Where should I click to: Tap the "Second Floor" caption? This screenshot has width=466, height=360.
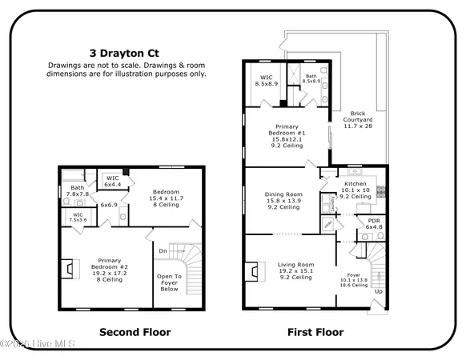point(131,331)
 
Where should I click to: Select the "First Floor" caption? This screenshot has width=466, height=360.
point(315,331)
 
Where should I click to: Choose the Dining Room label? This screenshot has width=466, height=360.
point(283,200)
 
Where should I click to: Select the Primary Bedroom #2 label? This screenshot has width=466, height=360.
point(109,270)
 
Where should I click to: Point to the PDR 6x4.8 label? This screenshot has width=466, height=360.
point(374,223)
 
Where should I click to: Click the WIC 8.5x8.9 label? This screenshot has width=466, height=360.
point(266,79)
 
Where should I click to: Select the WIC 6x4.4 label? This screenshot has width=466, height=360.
point(113,182)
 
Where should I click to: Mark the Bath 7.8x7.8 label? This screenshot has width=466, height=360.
point(77,191)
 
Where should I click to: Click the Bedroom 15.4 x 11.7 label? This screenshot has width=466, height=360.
point(169,197)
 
